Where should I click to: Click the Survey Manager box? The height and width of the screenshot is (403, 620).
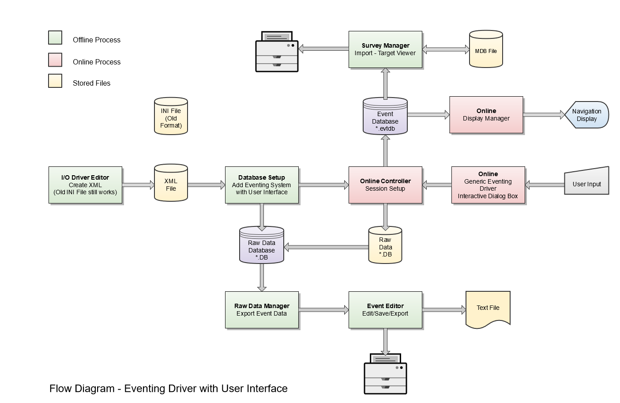385,49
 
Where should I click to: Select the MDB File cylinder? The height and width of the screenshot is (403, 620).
486,49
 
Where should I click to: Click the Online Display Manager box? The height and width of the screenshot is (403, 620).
486,115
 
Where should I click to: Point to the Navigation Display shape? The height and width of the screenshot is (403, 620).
587,115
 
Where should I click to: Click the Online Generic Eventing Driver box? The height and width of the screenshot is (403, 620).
488,185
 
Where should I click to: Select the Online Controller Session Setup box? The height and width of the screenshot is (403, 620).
385,185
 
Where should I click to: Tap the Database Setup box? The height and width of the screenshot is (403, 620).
262,185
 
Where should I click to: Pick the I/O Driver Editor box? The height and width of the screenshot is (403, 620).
85,185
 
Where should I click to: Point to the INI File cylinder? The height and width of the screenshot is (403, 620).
171,117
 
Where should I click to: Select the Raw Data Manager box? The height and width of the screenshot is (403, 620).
262,310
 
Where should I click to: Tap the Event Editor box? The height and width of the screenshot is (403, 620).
385,310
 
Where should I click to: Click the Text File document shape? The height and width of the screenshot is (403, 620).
488,309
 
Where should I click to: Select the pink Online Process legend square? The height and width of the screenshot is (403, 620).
55,60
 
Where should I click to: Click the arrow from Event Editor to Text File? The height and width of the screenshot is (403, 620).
444,310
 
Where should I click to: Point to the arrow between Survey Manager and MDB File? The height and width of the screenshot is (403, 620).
446,49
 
